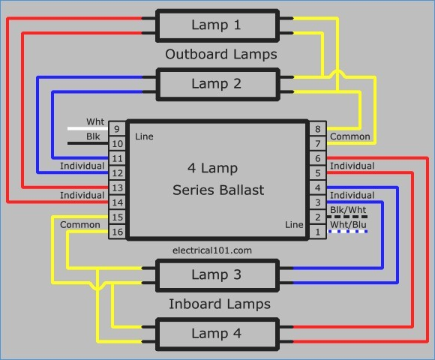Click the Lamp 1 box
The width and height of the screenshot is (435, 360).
point(217,25)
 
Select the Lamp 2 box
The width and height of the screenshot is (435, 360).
point(217,84)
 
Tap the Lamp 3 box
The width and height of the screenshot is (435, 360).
point(217,275)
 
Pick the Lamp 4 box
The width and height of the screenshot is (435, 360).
point(217,334)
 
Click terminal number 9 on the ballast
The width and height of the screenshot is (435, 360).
point(117,129)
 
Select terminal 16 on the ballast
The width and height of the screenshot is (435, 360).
point(117,232)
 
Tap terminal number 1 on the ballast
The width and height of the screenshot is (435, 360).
point(318,232)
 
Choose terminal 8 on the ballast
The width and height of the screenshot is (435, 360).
point(318,129)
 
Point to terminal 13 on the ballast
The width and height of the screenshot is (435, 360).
point(117,187)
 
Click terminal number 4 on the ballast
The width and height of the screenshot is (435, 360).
point(318,187)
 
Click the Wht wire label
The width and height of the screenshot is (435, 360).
point(95,121)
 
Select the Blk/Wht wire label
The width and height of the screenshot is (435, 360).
point(348,210)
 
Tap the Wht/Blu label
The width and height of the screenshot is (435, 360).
point(348,225)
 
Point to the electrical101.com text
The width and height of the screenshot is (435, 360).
point(212,250)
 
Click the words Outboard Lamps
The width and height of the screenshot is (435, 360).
point(221,54)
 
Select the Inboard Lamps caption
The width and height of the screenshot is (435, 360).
point(220,304)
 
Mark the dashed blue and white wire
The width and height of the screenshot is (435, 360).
point(348,232)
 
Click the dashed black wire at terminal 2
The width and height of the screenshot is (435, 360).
point(347,217)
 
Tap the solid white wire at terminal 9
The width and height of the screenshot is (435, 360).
point(88,129)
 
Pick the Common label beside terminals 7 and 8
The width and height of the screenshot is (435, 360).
point(350,136)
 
